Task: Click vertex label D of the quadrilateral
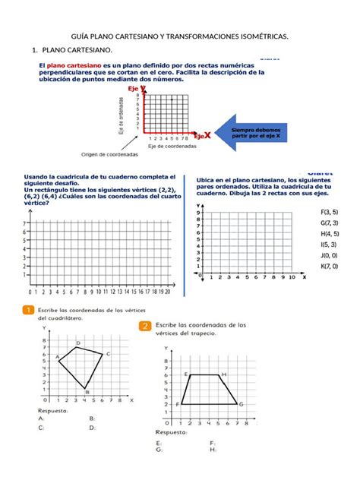[78, 343]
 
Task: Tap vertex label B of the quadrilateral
[88, 392]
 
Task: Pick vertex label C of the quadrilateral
[108, 354]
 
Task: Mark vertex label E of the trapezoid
[186, 374]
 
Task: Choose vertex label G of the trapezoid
[241, 404]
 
